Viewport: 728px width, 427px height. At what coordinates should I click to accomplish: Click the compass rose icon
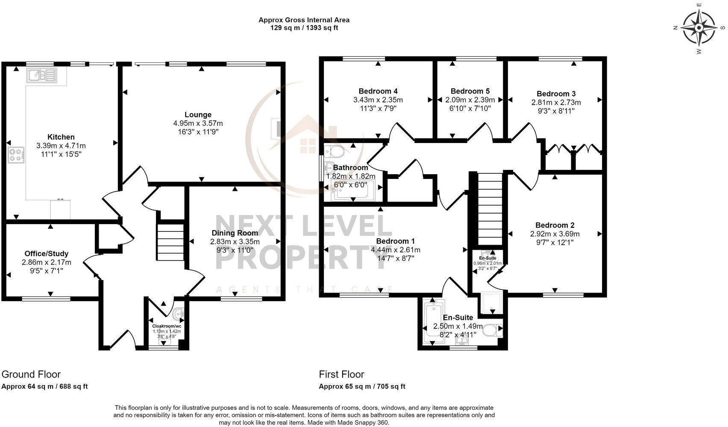tap(699, 28)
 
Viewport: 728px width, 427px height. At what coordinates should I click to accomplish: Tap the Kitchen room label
tap(61, 137)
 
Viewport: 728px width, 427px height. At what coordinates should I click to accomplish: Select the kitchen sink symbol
tap(41, 76)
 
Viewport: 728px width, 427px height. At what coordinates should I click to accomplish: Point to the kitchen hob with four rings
tap(16, 155)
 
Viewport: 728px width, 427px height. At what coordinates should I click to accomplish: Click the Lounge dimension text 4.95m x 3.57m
tap(198, 123)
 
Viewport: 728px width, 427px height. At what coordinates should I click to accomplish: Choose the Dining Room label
tap(235, 233)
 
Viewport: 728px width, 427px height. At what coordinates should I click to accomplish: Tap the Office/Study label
tap(46, 254)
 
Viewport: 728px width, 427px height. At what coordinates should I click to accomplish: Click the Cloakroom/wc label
tap(167, 326)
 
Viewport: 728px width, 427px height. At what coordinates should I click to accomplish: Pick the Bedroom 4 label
tap(378, 91)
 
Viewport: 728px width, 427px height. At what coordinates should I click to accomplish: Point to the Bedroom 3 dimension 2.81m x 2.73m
tap(556, 102)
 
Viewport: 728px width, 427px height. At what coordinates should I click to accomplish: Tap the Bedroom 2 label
tap(555, 225)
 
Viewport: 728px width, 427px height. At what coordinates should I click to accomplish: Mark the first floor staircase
tap(489, 209)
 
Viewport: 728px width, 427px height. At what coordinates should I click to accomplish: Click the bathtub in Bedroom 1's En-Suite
tap(433, 322)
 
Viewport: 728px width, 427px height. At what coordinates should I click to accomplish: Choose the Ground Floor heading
tap(31, 374)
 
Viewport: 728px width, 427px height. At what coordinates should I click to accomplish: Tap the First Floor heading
tap(341, 374)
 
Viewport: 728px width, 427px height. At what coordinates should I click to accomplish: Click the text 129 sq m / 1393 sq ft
tap(304, 28)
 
